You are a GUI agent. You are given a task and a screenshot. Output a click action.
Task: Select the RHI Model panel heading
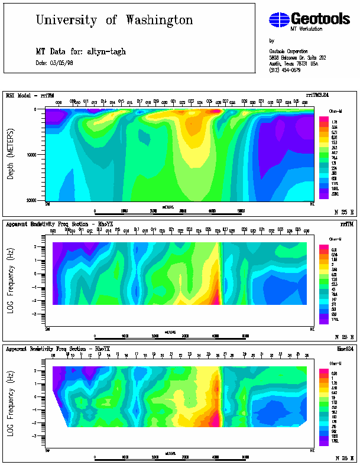click(x=25, y=95)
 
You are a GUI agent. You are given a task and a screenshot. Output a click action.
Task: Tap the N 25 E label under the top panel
click(x=342, y=211)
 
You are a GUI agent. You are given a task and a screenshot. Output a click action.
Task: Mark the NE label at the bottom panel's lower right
click(x=312, y=450)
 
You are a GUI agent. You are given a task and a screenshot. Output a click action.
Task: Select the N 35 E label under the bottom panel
click(x=342, y=458)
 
